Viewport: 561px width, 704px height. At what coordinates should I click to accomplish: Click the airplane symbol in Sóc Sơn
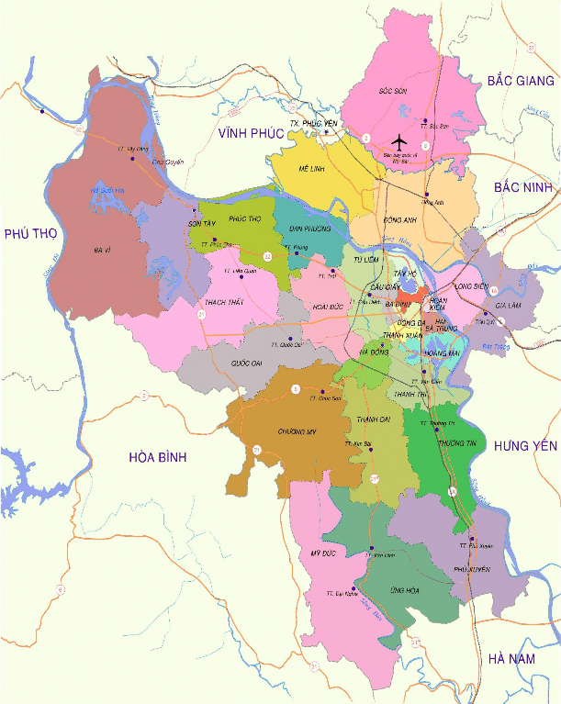[398, 141]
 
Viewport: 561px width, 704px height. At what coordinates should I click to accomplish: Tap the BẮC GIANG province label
[521, 82]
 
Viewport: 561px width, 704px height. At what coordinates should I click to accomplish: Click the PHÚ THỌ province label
[30, 234]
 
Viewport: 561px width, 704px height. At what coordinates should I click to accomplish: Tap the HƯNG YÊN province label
[525, 446]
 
